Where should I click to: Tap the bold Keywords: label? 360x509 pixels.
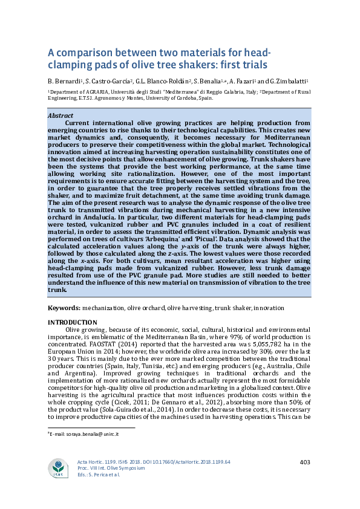coord(64,308)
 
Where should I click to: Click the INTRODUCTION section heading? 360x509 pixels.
coord(72,322)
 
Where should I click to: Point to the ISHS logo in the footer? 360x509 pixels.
coord(60,468)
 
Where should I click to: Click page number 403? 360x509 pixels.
coord(305,462)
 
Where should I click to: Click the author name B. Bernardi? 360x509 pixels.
coord(65,81)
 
